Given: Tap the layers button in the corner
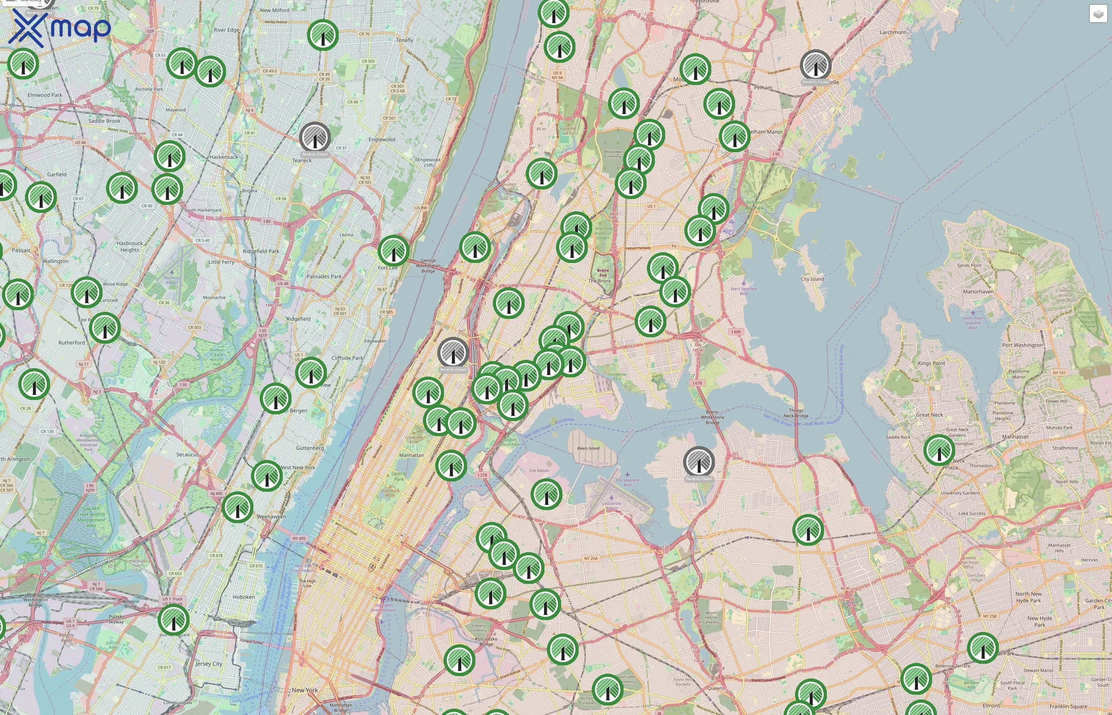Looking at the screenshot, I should coord(1098,14).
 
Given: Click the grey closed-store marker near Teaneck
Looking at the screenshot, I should coord(315,137).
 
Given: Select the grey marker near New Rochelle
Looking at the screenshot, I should coord(815,65).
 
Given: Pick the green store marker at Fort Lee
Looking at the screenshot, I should coord(393,251).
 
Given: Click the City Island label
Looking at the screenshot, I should coord(812,279).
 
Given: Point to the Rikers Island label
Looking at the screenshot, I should coord(588,448).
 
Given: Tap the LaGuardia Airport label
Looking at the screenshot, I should coord(611,506).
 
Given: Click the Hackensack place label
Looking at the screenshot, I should coord(223,157).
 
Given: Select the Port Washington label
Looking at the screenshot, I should coord(1022,345).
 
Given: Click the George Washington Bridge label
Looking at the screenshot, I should coord(428,266).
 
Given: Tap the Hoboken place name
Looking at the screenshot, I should coord(244,597).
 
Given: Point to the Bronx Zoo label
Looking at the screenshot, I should coord(602,273).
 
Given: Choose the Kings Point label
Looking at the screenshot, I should coord(931,363).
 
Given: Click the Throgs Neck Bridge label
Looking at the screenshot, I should coord(796,413).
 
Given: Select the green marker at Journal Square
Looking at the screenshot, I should coord(174,619).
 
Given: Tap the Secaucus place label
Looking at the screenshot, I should coord(187,454).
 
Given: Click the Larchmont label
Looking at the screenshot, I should coord(892,33).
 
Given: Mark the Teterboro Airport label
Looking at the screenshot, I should coord(172,280).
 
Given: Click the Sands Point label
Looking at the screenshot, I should coord(969,265).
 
